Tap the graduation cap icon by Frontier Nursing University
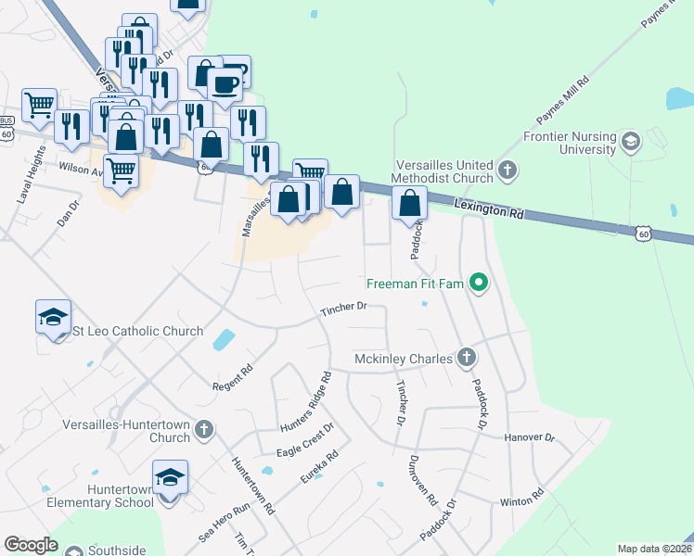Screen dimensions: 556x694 coord(632,142)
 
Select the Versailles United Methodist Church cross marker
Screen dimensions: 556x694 coord(507,170)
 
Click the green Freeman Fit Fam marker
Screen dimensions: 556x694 coord(479,282)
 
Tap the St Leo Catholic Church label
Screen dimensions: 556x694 coord(137,331)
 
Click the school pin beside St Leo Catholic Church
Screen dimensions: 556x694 coord(53,317)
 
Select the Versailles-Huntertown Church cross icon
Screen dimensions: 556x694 coord(204,429)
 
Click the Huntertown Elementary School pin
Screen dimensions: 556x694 coord(170,478)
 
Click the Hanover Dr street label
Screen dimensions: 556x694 coord(529,436)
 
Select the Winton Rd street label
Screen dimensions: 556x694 coord(522,500)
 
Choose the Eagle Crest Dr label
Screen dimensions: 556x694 coord(304,442)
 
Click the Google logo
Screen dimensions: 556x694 coord(31,545)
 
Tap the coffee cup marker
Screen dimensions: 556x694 coord(225,86)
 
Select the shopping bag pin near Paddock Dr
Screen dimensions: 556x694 coord(409,202)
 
